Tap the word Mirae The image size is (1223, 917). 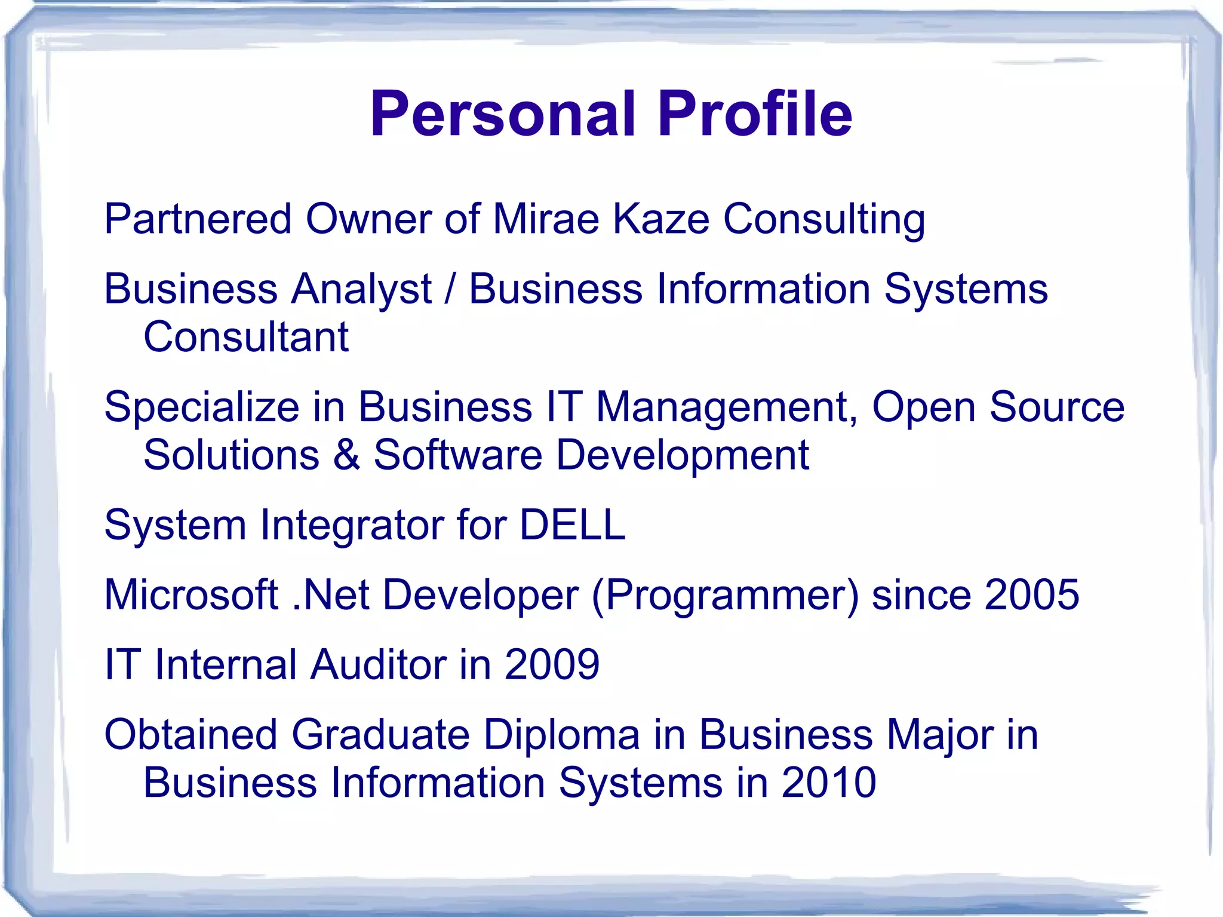[x=546, y=219]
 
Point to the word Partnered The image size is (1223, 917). [x=198, y=219]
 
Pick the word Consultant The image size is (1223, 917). [x=246, y=337]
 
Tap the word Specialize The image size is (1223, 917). [x=202, y=408]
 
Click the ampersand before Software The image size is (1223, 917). [x=347, y=455]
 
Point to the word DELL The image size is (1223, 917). [x=573, y=525]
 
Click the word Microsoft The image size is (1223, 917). [x=191, y=595]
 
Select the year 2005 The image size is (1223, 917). [x=1031, y=595]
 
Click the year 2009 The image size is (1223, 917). [x=552, y=664]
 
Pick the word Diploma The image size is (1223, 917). [x=561, y=735]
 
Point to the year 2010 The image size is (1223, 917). [x=828, y=783]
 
